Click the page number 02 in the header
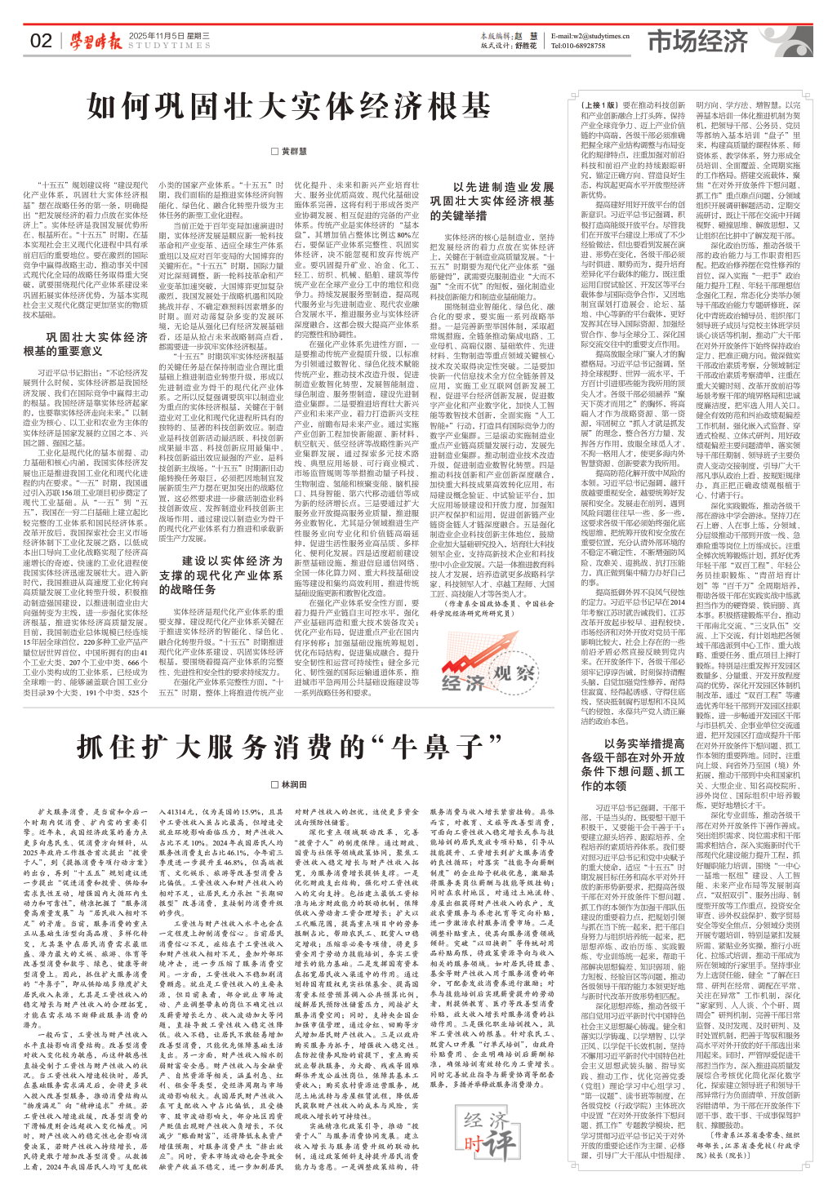click(41, 41)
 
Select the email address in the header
click(590, 36)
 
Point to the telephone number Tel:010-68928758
click(578, 46)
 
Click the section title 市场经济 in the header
click(698, 42)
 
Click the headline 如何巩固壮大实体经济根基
click(289, 106)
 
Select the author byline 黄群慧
click(293, 151)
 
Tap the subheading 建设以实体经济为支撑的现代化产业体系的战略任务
click(221, 575)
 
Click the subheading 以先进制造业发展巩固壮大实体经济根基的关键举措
click(492, 202)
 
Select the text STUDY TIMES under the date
click(169, 46)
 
